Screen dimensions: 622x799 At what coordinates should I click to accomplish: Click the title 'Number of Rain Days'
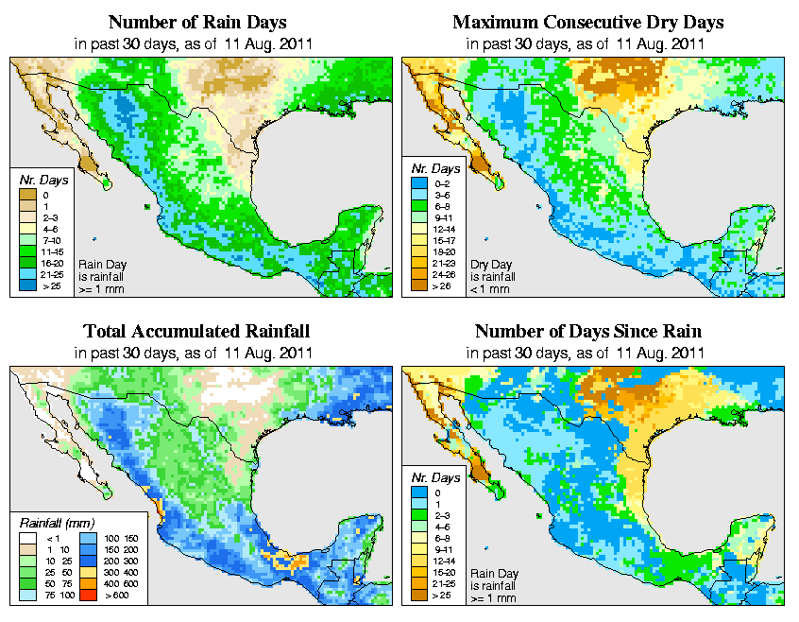pos(196,22)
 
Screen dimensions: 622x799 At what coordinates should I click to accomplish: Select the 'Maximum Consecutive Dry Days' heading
pos(587,22)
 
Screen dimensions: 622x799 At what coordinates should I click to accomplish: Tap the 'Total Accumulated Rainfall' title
pos(196,332)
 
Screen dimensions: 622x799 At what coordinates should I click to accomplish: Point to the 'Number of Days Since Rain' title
pos(587,332)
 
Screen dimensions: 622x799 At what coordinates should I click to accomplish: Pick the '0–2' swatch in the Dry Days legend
pos(416,195)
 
